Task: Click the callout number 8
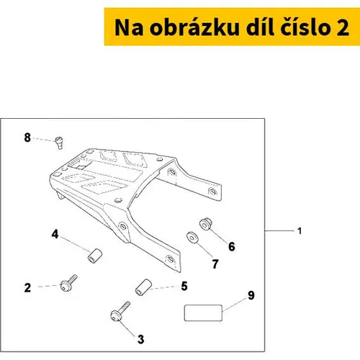pyautogui.click(x=27, y=138)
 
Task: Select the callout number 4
pyautogui.click(x=55, y=234)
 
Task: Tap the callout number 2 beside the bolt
pyautogui.click(x=27, y=287)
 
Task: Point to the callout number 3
pyautogui.click(x=141, y=339)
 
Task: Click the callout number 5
pyautogui.click(x=184, y=286)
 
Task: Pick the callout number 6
pyautogui.click(x=232, y=246)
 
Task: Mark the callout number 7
pyautogui.click(x=215, y=264)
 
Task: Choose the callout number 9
pyautogui.click(x=251, y=295)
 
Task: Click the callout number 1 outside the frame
pyautogui.click(x=300, y=231)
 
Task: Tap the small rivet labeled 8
pyautogui.click(x=59, y=143)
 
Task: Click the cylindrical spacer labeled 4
pyautogui.click(x=94, y=256)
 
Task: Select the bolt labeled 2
pyautogui.click(x=68, y=283)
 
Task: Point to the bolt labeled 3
pyautogui.click(x=120, y=311)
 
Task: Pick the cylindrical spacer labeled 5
pyautogui.click(x=143, y=287)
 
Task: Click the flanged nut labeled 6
pyautogui.click(x=206, y=223)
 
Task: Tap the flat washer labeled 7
pyautogui.click(x=192, y=238)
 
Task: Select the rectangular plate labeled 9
pyautogui.click(x=203, y=312)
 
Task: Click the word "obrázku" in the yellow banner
pyautogui.click(x=194, y=27)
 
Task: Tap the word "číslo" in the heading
pyautogui.click(x=306, y=27)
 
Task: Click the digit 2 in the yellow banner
pyautogui.click(x=343, y=27)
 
